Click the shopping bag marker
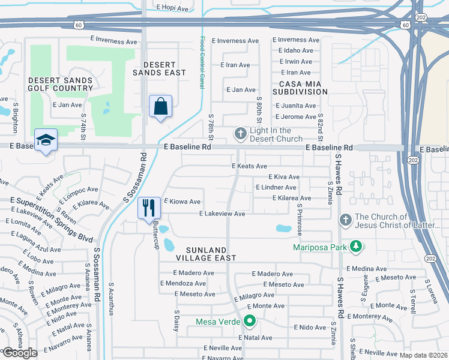(x=160, y=107)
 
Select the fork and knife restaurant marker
(x=149, y=208)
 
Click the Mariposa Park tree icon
(x=356, y=247)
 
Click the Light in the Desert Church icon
(x=240, y=134)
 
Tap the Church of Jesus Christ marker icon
(x=345, y=221)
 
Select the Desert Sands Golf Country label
(x=60, y=84)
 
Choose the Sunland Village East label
(x=202, y=253)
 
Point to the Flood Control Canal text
(x=202, y=63)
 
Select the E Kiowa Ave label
(x=182, y=202)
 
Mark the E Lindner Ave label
(x=276, y=188)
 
